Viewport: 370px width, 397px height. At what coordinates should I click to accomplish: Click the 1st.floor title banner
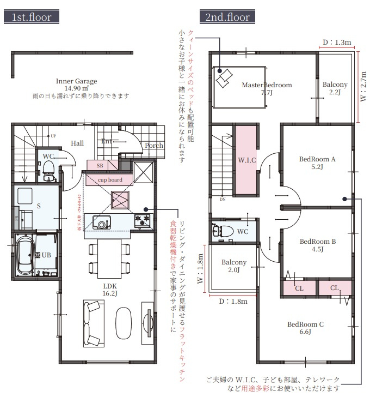click(32, 17)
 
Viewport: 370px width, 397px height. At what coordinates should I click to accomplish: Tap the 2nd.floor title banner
click(227, 17)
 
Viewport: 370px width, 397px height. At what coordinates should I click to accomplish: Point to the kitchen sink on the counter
click(102, 221)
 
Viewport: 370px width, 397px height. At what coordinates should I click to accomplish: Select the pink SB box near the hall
click(101, 165)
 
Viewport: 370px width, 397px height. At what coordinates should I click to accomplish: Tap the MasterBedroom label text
click(267, 85)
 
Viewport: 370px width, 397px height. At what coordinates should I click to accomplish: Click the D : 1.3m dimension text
click(337, 42)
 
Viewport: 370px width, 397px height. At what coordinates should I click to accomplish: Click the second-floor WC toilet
click(223, 231)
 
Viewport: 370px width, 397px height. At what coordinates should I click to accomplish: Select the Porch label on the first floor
click(154, 146)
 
